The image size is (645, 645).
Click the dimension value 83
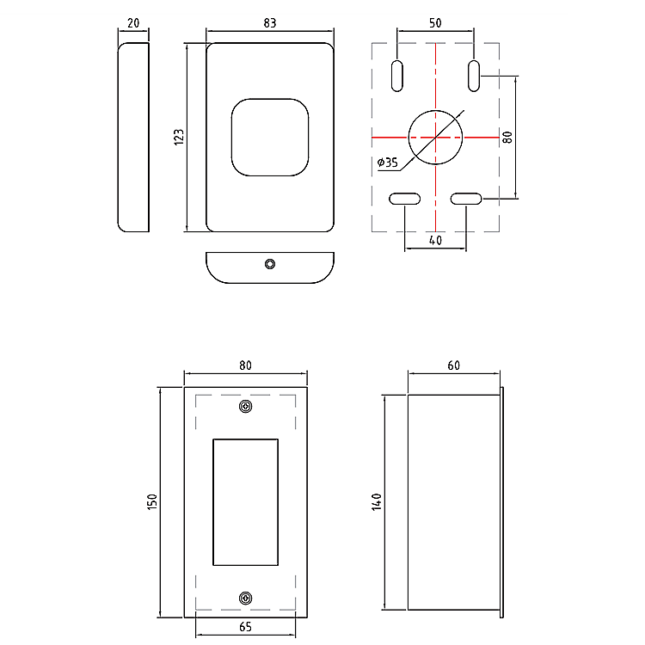coord(269,24)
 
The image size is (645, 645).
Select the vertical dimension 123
coord(179,137)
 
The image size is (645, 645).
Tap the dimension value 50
coord(435,24)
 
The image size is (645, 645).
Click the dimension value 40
coord(435,241)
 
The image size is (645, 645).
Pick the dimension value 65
coord(246,627)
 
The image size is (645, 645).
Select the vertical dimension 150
coord(151,502)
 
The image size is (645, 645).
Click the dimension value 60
coord(454,365)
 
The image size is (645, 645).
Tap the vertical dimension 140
coord(376,502)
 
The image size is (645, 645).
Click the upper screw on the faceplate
coord(246,406)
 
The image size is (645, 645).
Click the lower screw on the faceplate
coord(246,598)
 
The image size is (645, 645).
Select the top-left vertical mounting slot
coord(397,75)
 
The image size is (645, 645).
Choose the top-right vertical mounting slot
coord(474,75)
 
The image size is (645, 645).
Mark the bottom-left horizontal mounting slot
coord(404,200)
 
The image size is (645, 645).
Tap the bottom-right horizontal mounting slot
coord(466,200)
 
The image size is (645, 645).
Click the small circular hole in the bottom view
coord(270,263)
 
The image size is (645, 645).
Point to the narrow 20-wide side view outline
coord(132,137)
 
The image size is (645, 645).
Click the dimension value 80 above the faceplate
coord(246,365)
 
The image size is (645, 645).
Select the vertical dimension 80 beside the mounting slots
coord(507,137)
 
